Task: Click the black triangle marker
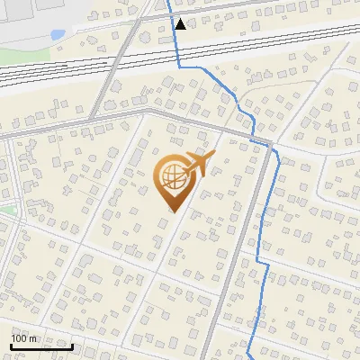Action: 181,24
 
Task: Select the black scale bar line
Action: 41,346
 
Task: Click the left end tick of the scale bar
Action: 11,345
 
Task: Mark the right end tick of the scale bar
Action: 73,345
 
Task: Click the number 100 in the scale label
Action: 18,338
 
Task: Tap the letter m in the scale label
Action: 31,338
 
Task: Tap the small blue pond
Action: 58,34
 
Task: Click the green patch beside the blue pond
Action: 18,54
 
